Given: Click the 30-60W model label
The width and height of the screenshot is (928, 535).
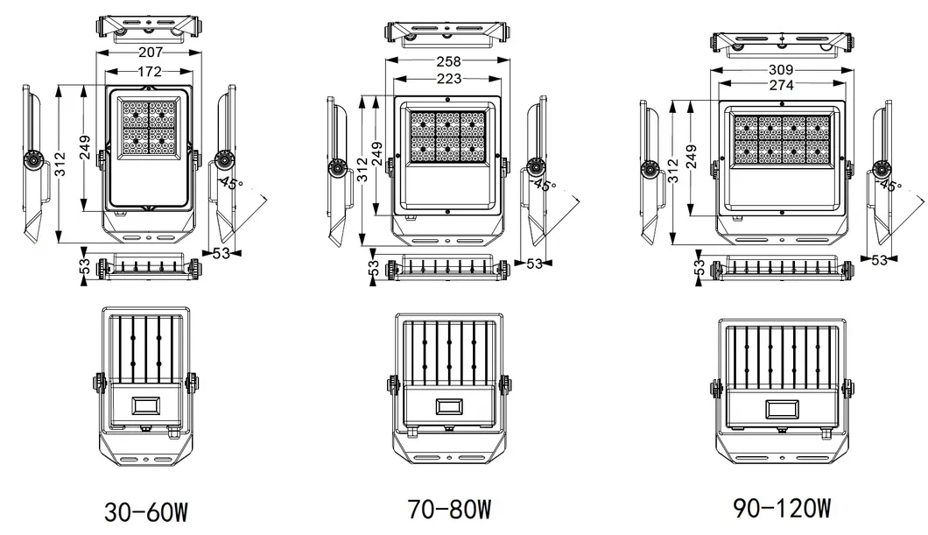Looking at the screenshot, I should click(x=146, y=511).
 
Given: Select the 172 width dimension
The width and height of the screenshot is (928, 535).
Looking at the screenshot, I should click(x=146, y=70).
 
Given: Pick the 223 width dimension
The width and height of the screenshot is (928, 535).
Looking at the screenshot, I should click(x=448, y=80).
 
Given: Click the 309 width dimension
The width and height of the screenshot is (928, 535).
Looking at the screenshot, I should click(x=781, y=69).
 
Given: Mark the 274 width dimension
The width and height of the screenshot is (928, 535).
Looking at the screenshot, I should click(x=781, y=85).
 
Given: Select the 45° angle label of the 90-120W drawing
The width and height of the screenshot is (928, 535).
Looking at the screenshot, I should click(x=890, y=186).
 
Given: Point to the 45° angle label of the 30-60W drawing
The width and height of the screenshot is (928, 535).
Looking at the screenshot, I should click(x=231, y=182).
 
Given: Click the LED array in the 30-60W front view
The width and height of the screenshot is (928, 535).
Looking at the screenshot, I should click(x=146, y=128).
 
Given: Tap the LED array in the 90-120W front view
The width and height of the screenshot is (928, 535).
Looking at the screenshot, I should click(x=781, y=141).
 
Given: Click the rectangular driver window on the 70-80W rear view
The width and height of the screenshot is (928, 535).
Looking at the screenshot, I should click(x=449, y=407).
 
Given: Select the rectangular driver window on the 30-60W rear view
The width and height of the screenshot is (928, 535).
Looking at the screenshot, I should click(x=145, y=405).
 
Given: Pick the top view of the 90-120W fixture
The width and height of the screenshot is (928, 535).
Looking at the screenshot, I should click(x=781, y=42).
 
